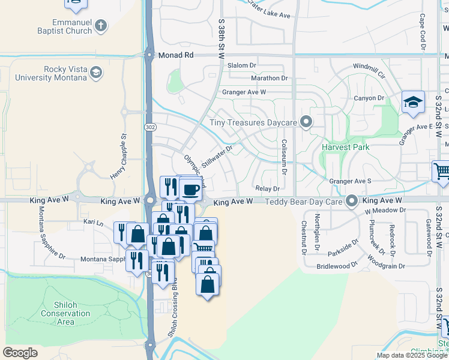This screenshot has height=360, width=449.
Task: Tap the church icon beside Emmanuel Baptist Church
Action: click(101, 26)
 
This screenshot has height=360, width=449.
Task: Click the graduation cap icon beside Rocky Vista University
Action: click(95, 73)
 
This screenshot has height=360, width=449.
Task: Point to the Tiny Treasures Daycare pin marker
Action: click(306, 122)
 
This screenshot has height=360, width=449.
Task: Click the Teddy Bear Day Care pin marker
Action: click(352, 201)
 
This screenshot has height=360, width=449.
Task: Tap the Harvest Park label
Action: click(345, 146)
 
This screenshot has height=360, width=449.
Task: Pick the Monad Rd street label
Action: click(176, 55)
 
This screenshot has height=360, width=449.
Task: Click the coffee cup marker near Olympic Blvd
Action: click(191, 190)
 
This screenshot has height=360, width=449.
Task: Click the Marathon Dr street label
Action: click(270, 78)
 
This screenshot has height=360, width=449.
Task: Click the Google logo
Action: click(20, 353)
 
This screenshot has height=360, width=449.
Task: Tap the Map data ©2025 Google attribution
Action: click(411, 355)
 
